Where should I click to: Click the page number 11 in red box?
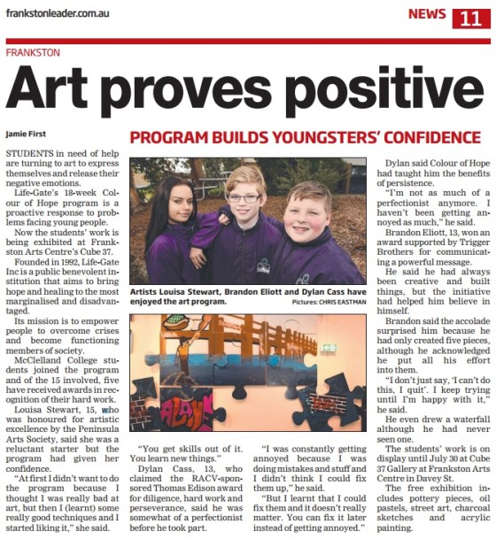[468, 18]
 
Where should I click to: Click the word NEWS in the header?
[427, 14]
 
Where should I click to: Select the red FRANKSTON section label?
[32, 52]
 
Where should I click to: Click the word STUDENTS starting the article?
[28, 153]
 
